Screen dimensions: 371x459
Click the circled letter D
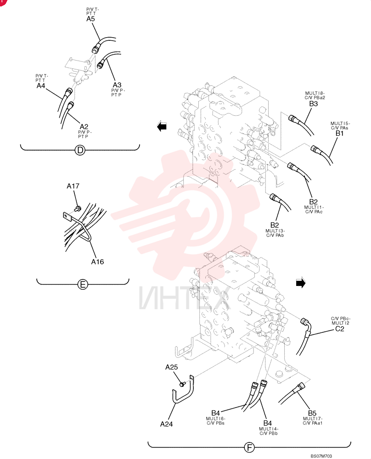coord(79,151)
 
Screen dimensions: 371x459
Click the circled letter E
coord(83,284)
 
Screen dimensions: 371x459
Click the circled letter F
coord(249,447)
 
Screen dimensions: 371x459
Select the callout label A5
coord(91,19)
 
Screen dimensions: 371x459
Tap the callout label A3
coord(117,84)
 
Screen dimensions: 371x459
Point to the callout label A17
coord(73,186)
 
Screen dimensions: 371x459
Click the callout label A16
coord(97,262)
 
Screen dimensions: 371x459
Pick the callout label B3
coord(313,104)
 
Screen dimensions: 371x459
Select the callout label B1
coord(340,133)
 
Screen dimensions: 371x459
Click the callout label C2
coord(340,329)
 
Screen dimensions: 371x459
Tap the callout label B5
coord(312,413)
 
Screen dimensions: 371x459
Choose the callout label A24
coord(166,424)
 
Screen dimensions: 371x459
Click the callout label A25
coord(172,367)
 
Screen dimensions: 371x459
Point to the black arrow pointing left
coord(162,127)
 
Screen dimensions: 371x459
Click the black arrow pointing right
coord(301,283)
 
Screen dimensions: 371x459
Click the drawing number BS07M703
coord(321,456)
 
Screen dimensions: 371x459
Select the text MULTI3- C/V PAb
coord(275,233)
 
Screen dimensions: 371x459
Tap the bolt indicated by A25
coord(182,384)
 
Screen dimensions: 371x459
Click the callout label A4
coord(41,86)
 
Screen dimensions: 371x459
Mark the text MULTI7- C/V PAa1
coord(312,420)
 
